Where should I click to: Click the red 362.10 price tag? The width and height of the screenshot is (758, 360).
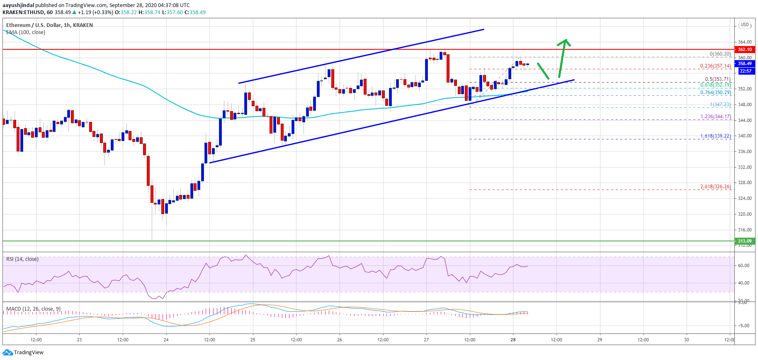745,49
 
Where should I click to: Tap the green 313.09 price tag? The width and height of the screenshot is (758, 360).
745,241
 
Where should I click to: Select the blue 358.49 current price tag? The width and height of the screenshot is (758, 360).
745,63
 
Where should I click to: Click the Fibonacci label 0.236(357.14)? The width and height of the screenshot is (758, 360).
715,66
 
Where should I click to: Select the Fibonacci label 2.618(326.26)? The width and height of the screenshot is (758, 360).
715,187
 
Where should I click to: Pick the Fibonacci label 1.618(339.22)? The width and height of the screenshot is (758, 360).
715,136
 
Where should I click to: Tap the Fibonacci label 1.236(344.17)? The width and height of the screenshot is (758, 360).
715,117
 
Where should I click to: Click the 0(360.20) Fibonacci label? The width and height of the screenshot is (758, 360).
720,54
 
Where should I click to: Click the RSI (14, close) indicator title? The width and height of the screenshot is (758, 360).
22,259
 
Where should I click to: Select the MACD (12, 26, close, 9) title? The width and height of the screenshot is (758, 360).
33,309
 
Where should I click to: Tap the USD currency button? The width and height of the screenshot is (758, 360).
745,25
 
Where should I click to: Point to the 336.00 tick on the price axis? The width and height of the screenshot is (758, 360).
745,151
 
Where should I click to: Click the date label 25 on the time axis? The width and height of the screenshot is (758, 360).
253,340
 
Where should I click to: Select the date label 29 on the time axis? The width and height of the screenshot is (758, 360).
600,340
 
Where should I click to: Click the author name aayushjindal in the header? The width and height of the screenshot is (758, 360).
18,5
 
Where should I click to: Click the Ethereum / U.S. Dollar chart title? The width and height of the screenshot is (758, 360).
49,25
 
